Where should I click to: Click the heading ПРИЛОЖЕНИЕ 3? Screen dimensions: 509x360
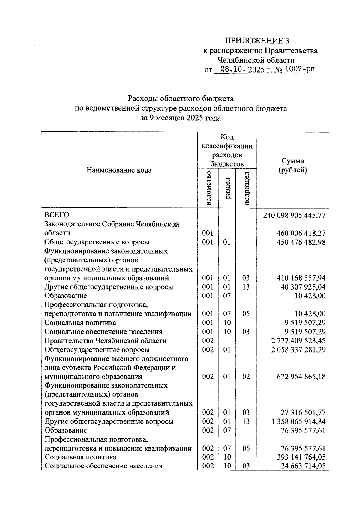[257, 41]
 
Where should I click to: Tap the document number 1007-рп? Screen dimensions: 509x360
[300, 70]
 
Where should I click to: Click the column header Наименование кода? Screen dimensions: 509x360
[119, 170]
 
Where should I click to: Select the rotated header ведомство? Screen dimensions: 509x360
[208, 188]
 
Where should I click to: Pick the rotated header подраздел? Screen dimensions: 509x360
[246, 188]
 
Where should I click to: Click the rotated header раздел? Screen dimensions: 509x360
[227, 188]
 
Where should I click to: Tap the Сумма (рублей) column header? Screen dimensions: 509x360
[293, 165]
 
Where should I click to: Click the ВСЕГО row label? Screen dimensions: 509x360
[57, 215]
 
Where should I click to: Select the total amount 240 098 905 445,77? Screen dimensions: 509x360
[294, 215]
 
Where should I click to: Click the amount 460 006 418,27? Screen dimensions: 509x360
[301, 233]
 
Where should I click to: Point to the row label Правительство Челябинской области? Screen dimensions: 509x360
[105, 341]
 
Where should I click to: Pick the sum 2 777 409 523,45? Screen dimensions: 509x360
[298, 341]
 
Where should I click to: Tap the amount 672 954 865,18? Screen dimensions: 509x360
[301, 377]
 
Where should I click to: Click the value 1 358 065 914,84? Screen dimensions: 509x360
[298, 421]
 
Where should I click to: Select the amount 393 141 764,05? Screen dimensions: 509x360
[301, 457]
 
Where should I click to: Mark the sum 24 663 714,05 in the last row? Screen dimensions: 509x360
[303, 466]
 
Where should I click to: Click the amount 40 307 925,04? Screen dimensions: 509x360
[303, 287]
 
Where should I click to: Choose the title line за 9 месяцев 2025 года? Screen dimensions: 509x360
[181, 118]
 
